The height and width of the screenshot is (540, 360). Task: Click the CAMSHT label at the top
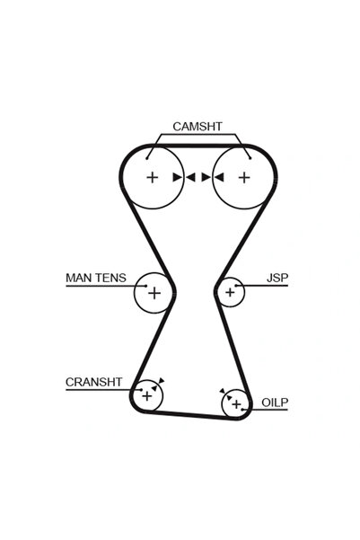coord(198,127)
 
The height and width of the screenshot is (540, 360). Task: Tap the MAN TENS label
coord(96,278)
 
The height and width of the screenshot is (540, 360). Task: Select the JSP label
coord(277,278)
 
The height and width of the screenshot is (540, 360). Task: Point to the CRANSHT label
coord(94,382)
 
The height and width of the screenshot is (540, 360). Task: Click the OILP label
coord(275,403)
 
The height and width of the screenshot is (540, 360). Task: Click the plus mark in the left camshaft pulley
coord(152,178)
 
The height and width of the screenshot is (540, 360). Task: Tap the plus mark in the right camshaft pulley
coord(244,178)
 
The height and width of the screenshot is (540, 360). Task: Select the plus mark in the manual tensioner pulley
coord(154,293)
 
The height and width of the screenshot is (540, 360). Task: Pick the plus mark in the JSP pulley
coord(230,292)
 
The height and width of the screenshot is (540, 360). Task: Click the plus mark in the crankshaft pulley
coord(147,396)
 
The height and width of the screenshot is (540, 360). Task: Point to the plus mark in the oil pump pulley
coord(236,404)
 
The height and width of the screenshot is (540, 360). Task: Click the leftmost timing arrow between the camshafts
coord(177,177)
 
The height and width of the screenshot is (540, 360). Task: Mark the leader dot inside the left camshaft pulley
coord(147,158)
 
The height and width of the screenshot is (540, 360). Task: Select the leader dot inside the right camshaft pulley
coord(250,158)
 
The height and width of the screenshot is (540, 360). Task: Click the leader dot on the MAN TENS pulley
coord(146,286)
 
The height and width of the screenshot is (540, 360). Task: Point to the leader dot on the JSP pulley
coord(236,286)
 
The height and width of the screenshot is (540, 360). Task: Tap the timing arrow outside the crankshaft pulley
coord(162,381)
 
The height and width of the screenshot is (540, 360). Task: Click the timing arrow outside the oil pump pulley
coord(223,391)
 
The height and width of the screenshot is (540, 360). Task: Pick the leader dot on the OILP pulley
coord(242,410)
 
